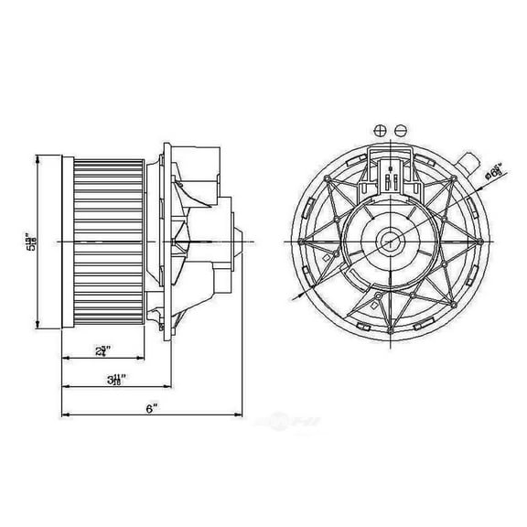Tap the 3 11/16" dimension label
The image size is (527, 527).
point(116,378)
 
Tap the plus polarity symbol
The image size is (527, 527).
point(379,130)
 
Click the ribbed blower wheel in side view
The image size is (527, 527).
point(108,242)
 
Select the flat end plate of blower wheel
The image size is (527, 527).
point(65,242)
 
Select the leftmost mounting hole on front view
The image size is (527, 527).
point(301,241)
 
